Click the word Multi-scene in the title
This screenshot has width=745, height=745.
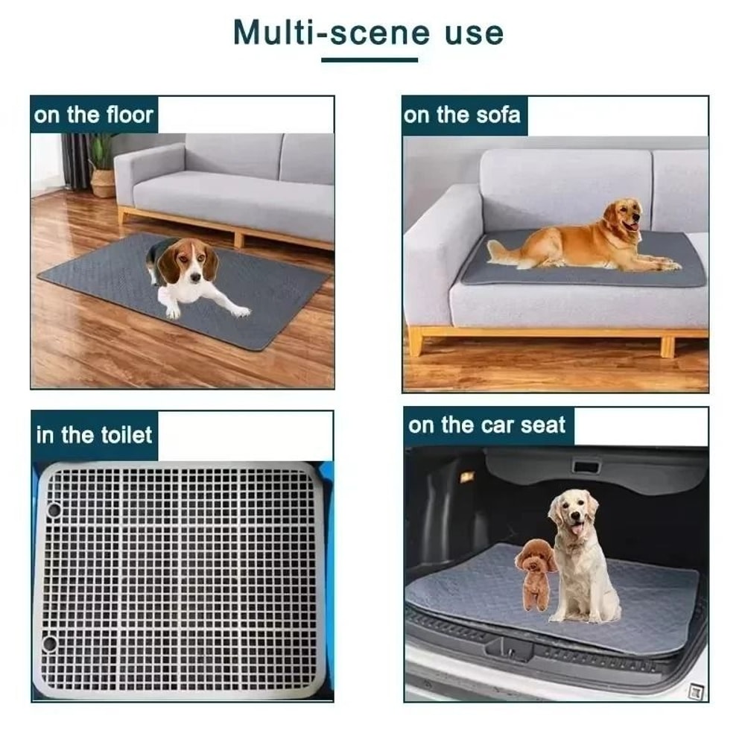332,33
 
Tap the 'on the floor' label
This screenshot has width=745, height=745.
94,115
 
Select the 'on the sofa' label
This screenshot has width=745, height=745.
462,115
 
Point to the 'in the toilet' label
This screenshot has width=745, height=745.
94,435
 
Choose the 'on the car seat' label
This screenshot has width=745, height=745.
487,426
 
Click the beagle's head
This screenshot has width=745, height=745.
190,261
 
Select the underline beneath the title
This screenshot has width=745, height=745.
370,60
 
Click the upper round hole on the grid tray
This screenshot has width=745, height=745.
54,510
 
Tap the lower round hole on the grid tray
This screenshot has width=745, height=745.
50,642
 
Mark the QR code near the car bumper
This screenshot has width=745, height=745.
696,691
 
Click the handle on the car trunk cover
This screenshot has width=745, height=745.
586,467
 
